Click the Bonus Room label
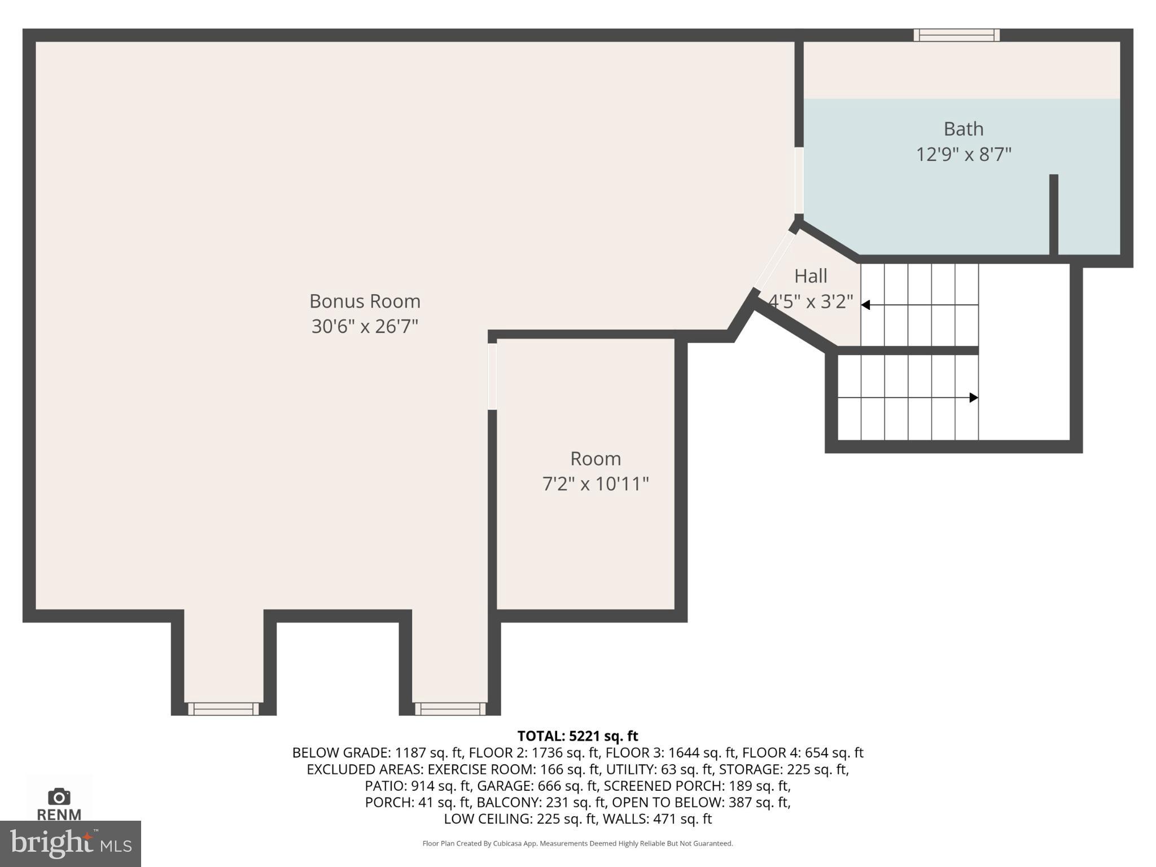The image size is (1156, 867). (365, 301)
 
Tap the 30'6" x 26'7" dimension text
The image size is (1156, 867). (365, 326)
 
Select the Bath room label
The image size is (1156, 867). (963, 129)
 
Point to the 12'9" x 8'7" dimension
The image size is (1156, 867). (963, 154)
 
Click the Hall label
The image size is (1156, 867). (811, 276)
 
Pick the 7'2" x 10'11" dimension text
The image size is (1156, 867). (595, 484)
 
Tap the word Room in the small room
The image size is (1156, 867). (595, 458)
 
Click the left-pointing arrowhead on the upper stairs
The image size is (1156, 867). (865, 305)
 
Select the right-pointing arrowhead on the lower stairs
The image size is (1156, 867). (974, 397)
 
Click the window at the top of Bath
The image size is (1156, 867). (956, 35)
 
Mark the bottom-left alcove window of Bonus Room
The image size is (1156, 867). (224, 709)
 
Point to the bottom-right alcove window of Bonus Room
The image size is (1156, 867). (450, 709)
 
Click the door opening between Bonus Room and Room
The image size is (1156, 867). (492, 376)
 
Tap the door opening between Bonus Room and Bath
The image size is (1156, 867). (799, 180)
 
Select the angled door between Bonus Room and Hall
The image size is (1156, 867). (774, 260)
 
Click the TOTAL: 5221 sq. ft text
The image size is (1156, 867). (577, 736)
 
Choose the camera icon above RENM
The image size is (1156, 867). (59, 796)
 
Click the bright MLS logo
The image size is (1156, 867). (70, 843)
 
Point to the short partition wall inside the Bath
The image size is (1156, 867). (1053, 214)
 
